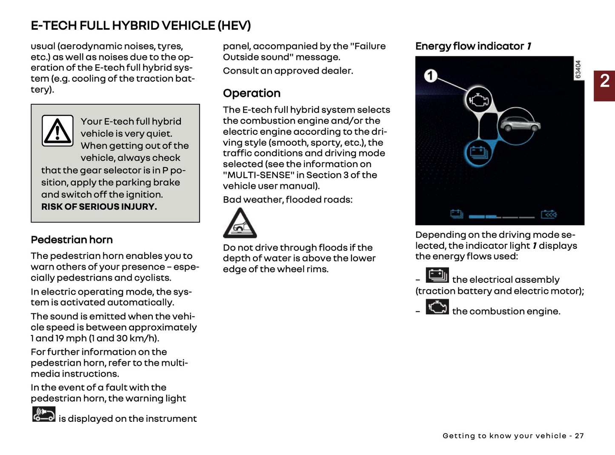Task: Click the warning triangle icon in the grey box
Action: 57,131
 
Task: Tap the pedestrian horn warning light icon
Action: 44,414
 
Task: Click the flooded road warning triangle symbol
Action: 240,224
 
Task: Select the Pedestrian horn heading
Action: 72,240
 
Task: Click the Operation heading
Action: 252,93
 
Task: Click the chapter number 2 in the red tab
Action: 604,81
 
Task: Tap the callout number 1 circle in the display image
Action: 431,76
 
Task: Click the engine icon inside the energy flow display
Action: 479,100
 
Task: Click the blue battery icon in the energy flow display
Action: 479,153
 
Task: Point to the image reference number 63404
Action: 578,69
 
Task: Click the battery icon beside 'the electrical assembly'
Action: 437,275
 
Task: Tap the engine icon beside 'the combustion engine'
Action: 437,307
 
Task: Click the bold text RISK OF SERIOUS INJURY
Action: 99,207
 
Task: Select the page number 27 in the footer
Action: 579,436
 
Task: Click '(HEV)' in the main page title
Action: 234,26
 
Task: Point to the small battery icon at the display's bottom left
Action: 456,214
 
